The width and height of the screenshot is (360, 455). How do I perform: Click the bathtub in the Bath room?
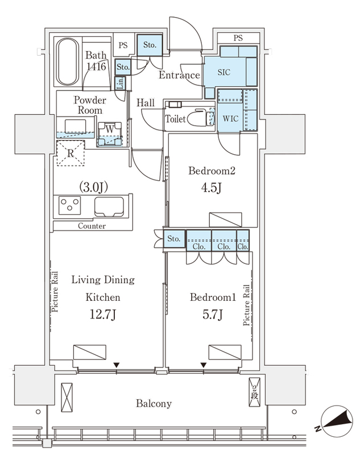tap(67, 61)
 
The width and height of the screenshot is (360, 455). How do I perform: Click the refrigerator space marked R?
tap(71, 153)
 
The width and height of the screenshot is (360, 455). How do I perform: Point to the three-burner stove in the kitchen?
tap(69, 205)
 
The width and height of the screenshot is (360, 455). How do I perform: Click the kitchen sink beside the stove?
tap(109, 207)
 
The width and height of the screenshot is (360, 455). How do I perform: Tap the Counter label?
tap(92, 226)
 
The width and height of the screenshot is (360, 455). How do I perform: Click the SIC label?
tap(224, 72)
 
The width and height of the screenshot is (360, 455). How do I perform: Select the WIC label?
tap(231, 118)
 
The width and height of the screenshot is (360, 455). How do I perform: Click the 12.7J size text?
tap(103, 315)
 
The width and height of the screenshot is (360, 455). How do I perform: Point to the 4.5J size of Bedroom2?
tap(212, 188)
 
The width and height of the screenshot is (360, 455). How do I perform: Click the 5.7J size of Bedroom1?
tap(213, 315)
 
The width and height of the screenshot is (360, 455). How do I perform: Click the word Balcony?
tap(154, 403)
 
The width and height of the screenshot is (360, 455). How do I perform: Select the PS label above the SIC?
tap(238, 38)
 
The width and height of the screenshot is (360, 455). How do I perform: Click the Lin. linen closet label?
tap(120, 83)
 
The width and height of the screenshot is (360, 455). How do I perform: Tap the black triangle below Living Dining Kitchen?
tap(117, 365)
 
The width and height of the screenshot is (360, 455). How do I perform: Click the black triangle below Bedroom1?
tap(204, 365)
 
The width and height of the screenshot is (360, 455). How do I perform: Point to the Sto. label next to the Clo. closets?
tap(174, 239)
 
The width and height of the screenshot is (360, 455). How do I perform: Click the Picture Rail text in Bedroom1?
tap(246, 305)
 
